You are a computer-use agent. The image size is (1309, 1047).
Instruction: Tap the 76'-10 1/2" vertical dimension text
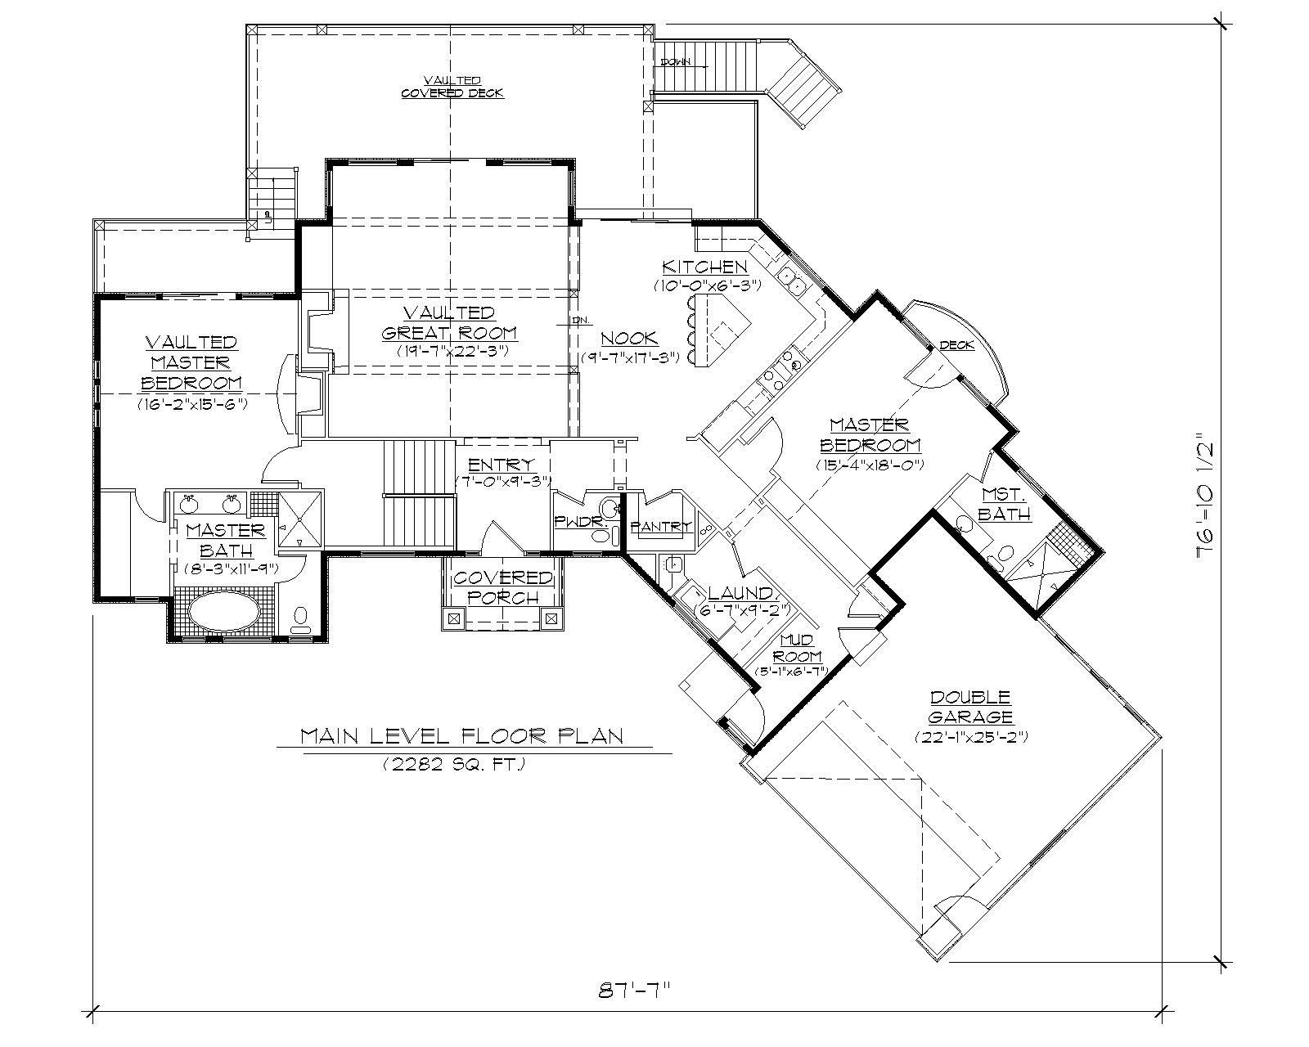(x=1207, y=496)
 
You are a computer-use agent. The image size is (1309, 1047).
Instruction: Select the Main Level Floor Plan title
(x=462, y=736)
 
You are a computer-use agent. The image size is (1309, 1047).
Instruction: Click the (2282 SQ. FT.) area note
(x=452, y=766)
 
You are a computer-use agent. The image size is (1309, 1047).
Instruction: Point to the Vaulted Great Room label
(x=449, y=323)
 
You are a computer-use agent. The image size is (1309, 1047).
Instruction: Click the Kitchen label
(x=704, y=267)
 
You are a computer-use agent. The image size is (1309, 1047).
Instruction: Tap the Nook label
(x=629, y=339)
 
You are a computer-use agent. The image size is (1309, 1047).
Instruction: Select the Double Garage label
(x=970, y=708)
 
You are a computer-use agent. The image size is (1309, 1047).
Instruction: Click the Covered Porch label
(x=503, y=587)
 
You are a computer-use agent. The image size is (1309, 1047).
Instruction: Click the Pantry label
(x=661, y=527)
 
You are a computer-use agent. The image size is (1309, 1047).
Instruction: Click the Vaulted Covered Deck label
(x=452, y=86)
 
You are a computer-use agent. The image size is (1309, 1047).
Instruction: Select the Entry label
(x=502, y=465)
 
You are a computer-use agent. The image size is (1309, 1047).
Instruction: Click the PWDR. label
(x=572, y=520)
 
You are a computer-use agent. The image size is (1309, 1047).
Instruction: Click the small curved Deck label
(x=956, y=345)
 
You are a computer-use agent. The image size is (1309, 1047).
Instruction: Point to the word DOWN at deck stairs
(x=676, y=62)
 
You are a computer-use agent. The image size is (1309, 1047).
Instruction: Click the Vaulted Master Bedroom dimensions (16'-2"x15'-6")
(x=192, y=404)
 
